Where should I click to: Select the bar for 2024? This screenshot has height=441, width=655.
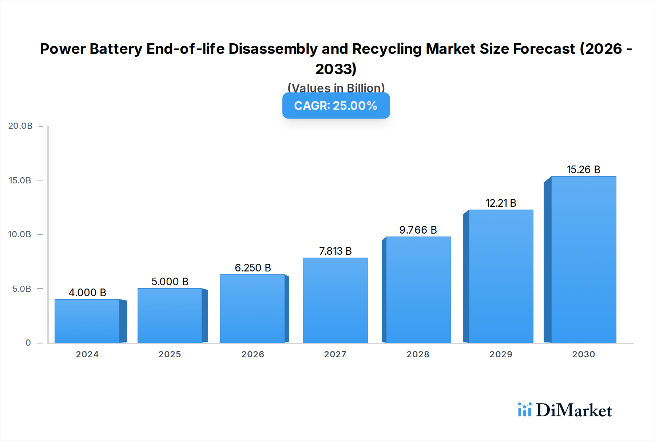pyautogui.click(x=87, y=321)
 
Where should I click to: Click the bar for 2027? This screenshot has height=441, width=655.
pyautogui.click(x=335, y=300)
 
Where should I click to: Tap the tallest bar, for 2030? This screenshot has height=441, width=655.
pyautogui.click(x=583, y=259)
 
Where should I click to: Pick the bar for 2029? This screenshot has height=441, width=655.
pyautogui.click(x=501, y=276)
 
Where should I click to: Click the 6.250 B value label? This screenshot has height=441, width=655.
pyautogui.click(x=253, y=268)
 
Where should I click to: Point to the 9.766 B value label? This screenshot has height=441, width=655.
pyautogui.click(x=418, y=230)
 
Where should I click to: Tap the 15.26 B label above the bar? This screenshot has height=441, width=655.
pyautogui.click(x=583, y=170)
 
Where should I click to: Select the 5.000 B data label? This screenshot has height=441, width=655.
pyautogui.click(x=170, y=282)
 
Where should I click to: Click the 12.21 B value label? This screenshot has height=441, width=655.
pyautogui.click(x=501, y=203)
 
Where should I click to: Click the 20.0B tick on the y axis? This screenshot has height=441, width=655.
pyautogui.click(x=20, y=126)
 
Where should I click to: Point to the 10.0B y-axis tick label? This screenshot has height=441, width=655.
pyautogui.click(x=20, y=234)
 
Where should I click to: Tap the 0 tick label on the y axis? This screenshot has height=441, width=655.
pyautogui.click(x=28, y=343)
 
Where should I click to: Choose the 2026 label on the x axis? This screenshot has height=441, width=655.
pyautogui.click(x=253, y=354)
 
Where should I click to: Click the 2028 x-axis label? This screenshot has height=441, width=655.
pyautogui.click(x=418, y=354)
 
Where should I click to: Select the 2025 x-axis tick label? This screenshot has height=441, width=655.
pyautogui.click(x=170, y=354)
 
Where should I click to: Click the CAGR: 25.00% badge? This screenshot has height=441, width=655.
pyautogui.click(x=336, y=106)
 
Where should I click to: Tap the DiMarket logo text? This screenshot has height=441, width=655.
pyautogui.click(x=574, y=410)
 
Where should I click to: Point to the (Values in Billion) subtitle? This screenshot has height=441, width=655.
pyautogui.click(x=336, y=88)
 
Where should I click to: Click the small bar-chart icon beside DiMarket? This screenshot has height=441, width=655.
pyautogui.click(x=524, y=410)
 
